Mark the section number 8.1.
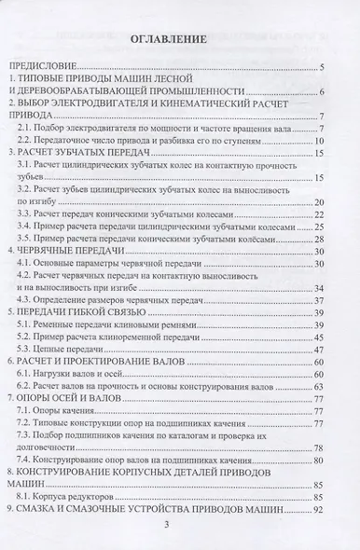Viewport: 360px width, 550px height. (26, 497)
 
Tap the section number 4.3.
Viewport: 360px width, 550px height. (26, 301)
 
